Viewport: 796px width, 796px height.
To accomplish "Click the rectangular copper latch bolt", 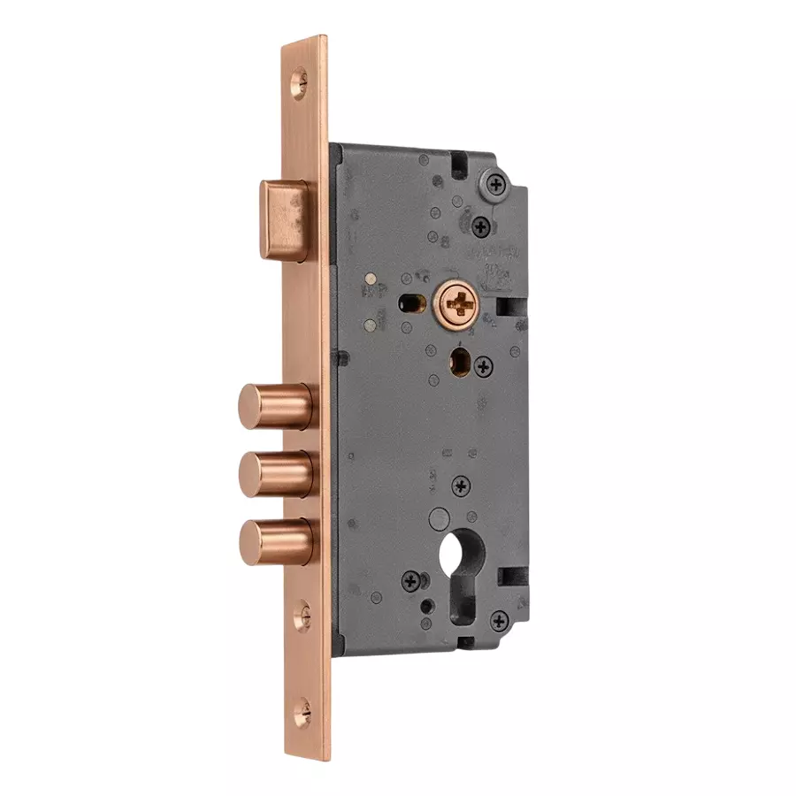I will [284, 219].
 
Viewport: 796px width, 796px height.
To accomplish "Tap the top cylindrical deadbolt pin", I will [273, 406].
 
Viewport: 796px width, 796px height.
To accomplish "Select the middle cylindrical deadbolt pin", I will [273, 473].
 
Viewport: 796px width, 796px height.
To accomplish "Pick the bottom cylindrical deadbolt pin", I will [273, 541].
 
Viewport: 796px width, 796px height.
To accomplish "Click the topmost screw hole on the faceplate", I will [301, 84].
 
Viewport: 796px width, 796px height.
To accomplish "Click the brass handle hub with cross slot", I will [460, 306].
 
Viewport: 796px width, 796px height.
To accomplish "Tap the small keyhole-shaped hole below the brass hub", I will [461, 362].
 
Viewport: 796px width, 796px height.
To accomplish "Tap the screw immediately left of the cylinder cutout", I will [411, 581].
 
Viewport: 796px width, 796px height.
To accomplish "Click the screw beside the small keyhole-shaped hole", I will [483, 365].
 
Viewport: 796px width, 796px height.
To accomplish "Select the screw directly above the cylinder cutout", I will [461, 485].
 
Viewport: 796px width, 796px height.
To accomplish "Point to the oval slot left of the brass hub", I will [410, 301].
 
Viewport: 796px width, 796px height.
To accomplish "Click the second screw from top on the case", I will [481, 226].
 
